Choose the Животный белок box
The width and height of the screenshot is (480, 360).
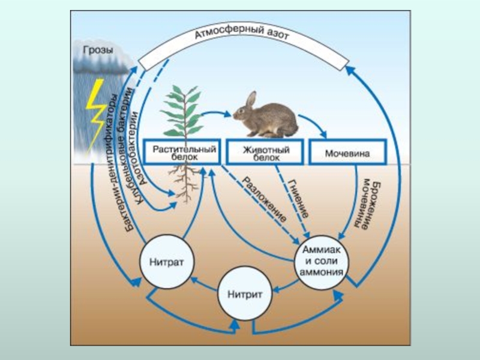click(x=266, y=152)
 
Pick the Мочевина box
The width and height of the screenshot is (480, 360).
click(x=347, y=152)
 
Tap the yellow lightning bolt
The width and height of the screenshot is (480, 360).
click(x=97, y=114)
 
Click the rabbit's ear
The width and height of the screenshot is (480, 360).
click(x=251, y=99)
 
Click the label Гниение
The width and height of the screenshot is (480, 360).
click(x=299, y=198)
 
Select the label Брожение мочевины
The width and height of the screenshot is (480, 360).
click(x=367, y=204)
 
